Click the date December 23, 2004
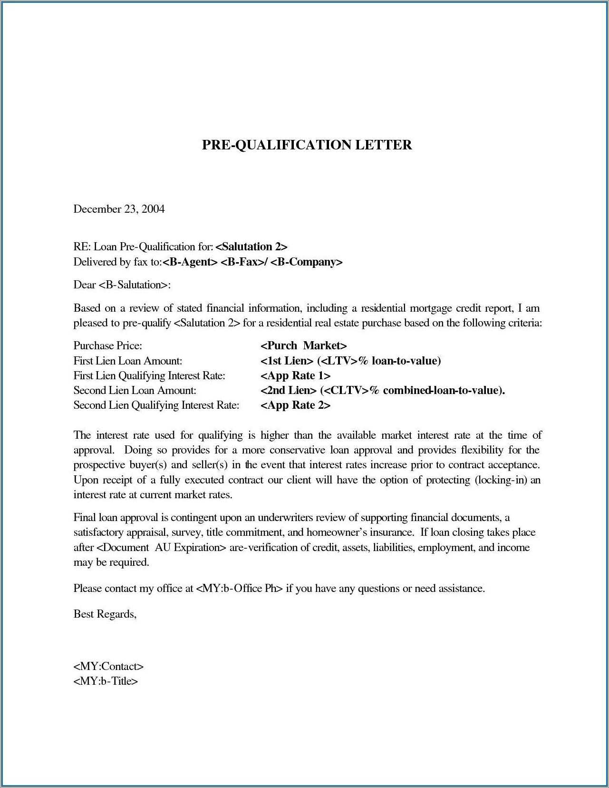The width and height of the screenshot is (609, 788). click(x=119, y=209)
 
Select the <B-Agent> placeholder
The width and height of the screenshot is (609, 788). click(x=190, y=262)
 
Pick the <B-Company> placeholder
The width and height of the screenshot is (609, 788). click(x=307, y=262)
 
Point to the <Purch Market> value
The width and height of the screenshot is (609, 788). click(x=304, y=346)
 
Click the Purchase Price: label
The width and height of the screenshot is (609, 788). click(x=108, y=346)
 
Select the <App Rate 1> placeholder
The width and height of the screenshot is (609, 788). click(x=295, y=376)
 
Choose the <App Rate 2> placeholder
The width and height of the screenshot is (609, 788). click(x=295, y=405)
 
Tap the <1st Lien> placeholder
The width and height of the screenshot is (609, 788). click(x=287, y=361)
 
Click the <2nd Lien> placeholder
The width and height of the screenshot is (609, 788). click(x=289, y=391)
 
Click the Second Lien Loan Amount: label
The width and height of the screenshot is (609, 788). click(x=135, y=391)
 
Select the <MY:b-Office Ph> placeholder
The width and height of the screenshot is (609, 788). click(x=239, y=589)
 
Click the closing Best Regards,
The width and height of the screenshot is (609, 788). click(x=105, y=614)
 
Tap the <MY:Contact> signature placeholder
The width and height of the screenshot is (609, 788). click(x=108, y=667)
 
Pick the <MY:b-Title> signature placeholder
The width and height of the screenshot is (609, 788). click(x=106, y=681)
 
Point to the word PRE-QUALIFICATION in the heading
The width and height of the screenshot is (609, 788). click(x=277, y=145)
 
